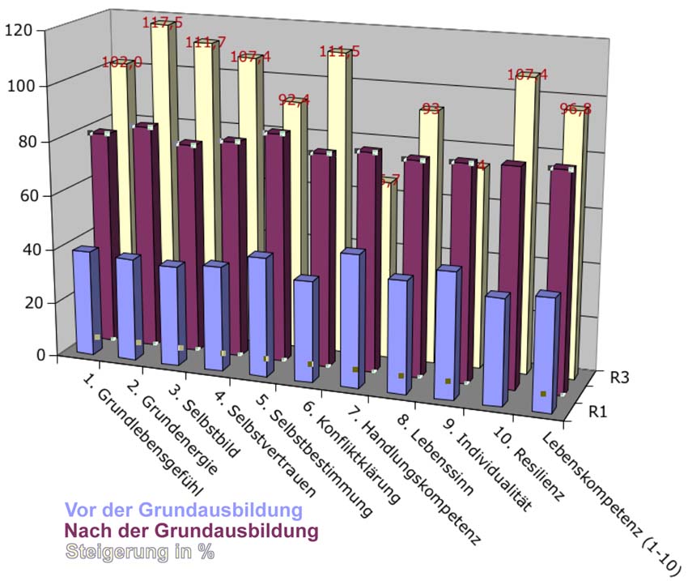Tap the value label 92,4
click(x=294, y=101)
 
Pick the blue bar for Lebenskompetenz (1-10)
click(x=546, y=352)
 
